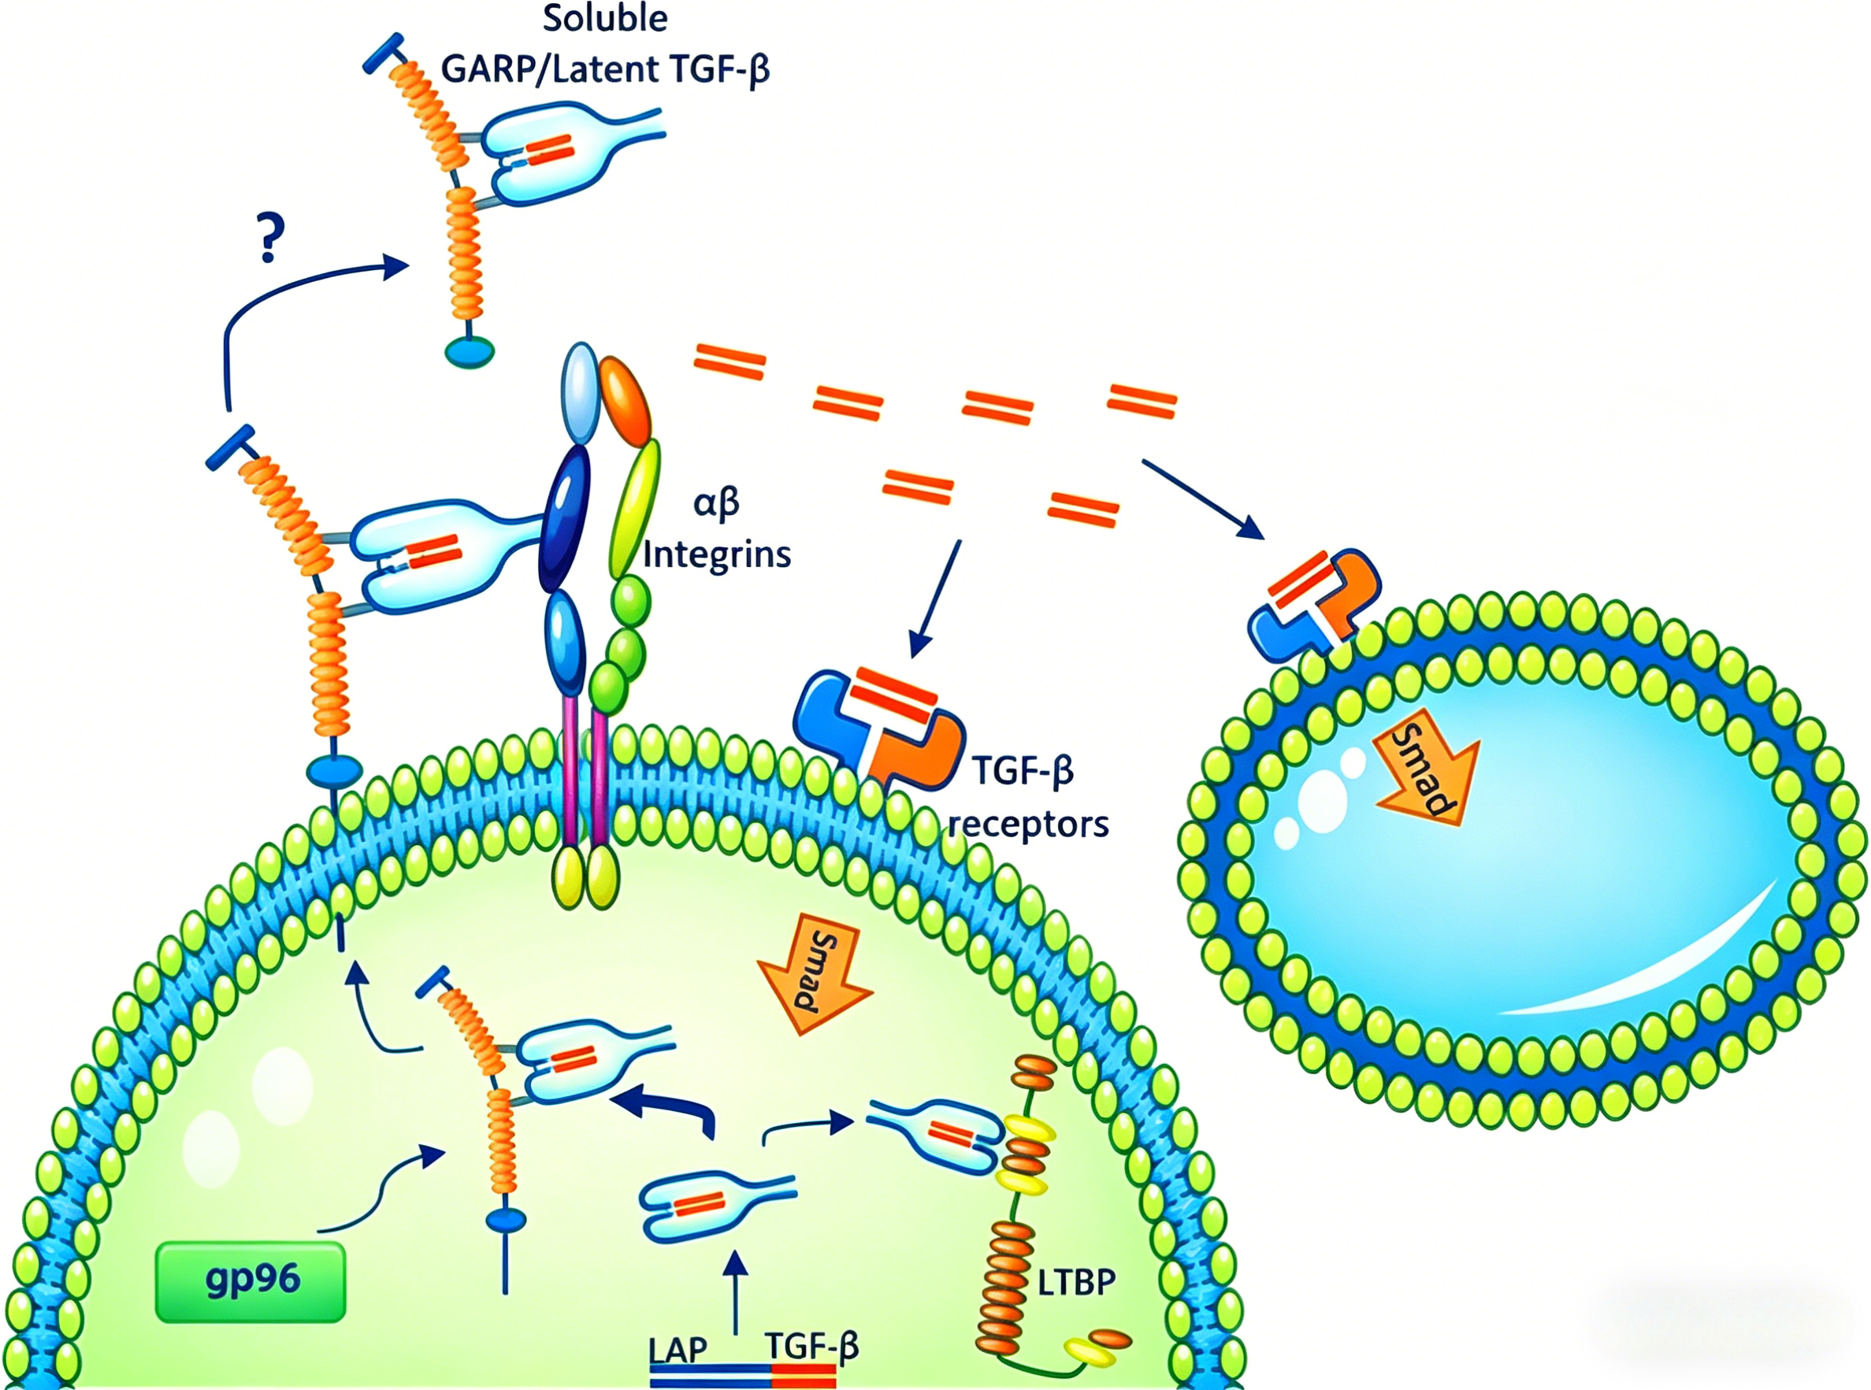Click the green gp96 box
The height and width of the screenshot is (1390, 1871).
tap(251, 1281)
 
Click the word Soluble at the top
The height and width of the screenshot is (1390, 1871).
tap(605, 19)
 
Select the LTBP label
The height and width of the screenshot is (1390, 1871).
tap(1076, 1281)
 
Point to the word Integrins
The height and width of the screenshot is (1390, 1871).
tap(717, 554)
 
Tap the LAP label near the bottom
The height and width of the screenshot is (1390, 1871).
tap(677, 1350)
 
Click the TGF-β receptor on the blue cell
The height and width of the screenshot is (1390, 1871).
tap(1313, 602)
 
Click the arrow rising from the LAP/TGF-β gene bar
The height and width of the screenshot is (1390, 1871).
tap(737, 1292)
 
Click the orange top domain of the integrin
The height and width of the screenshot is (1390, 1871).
tap(625, 402)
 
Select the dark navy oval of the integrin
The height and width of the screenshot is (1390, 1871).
tap(564, 517)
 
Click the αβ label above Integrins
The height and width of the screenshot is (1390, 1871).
tap(716, 503)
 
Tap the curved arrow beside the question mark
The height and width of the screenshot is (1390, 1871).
tap(278, 291)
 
